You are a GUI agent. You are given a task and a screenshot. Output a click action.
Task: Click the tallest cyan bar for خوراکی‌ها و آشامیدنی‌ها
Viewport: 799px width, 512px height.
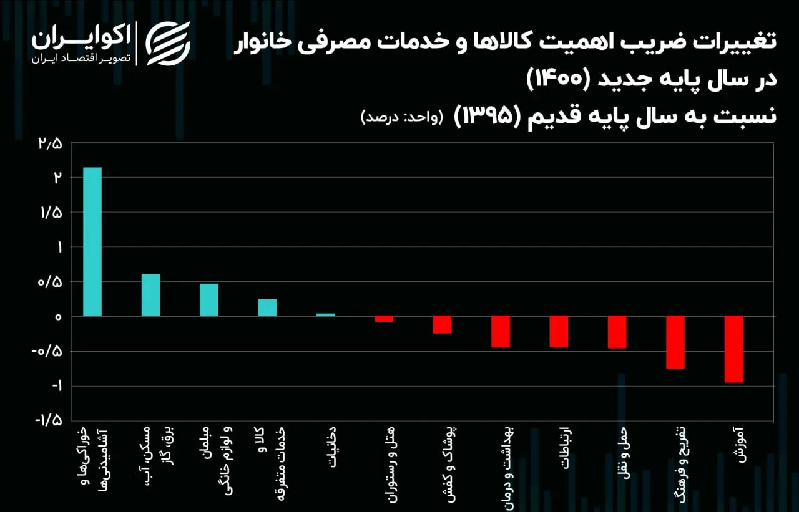point(92,241)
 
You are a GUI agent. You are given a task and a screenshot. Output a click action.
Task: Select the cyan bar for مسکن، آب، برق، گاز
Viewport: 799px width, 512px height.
point(150,295)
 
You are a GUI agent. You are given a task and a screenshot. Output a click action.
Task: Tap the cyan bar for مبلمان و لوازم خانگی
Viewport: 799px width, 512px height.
point(209,299)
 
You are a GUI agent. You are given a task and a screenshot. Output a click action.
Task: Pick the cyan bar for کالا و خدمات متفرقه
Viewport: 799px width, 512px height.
point(267,307)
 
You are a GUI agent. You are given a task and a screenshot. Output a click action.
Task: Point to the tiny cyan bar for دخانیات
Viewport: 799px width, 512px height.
point(326,314)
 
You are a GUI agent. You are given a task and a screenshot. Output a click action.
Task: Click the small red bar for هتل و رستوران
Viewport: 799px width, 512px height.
point(384,319)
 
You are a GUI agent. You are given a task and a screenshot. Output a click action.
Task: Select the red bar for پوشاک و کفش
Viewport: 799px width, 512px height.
point(443,324)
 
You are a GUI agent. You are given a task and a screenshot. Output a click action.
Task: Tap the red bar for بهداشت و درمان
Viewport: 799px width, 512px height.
point(501,331)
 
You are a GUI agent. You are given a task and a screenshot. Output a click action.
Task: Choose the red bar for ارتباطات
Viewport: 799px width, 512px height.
point(559,331)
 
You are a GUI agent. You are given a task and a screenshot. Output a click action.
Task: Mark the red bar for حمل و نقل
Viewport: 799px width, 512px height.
point(617,332)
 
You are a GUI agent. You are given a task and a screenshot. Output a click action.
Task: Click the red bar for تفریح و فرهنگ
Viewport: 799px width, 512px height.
point(675,342)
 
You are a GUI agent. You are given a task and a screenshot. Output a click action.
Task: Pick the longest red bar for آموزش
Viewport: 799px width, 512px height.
point(733,349)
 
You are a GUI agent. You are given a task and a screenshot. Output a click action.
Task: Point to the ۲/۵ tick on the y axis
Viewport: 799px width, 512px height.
point(51,144)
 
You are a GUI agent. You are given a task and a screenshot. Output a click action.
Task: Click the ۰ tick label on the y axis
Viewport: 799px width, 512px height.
point(58,317)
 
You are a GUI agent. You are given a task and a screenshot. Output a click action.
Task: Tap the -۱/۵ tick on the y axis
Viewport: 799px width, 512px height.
point(49,420)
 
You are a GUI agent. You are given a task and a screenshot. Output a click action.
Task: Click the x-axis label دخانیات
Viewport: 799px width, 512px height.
point(331,447)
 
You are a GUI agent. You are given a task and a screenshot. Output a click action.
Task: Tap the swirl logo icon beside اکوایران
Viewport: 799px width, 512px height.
point(168,44)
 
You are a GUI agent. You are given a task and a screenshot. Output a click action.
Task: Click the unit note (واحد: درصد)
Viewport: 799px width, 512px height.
point(402,117)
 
